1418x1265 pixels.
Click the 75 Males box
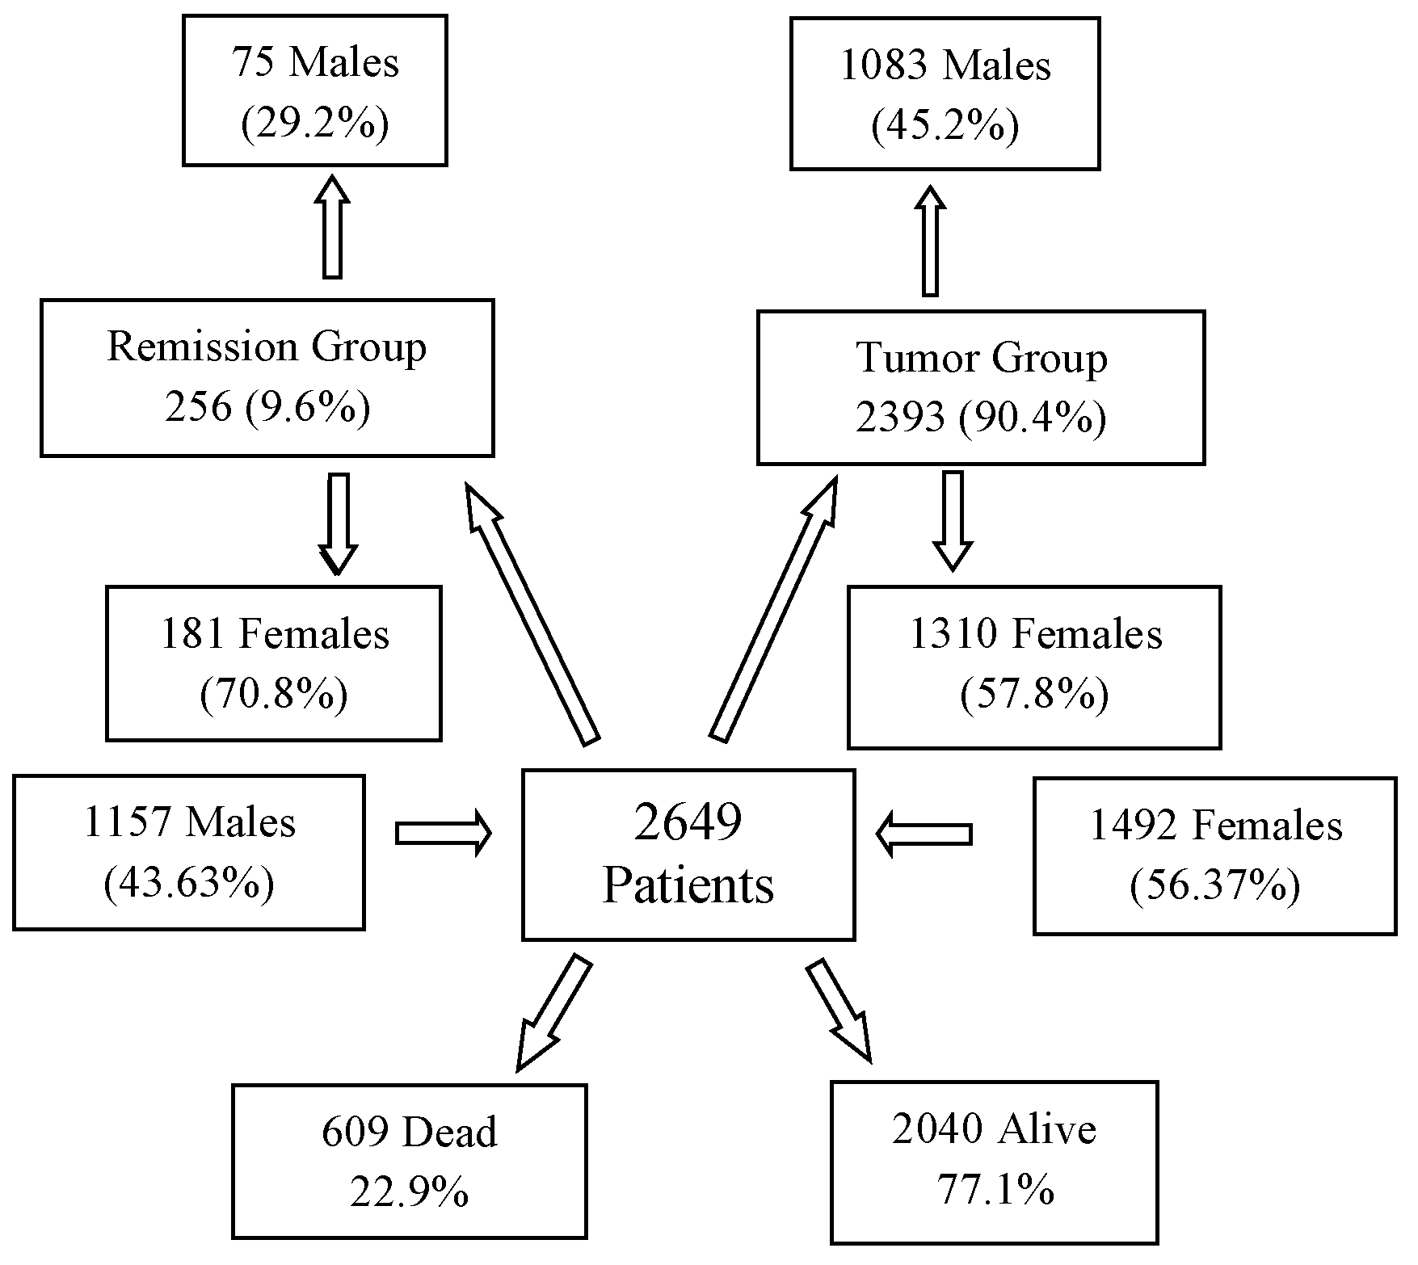tap(315, 90)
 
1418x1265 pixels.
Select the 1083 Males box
tap(945, 94)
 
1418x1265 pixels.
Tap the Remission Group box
tap(267, 377)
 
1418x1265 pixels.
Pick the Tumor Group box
tap(981, 388)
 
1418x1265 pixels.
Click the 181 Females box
tap(274, 663)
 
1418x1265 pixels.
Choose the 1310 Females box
tap(1034, 667)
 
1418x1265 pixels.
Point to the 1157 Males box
tap(189, 852)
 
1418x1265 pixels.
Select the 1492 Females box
tap(1215, 856)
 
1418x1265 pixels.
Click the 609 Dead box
tap(410, 1161)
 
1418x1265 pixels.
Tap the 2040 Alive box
tap(994, 1161)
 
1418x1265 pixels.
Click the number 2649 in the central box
tap(688, 823)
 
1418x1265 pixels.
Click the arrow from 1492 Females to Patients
tap(924, 834)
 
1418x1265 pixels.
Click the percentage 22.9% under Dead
tap(410, 1191)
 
